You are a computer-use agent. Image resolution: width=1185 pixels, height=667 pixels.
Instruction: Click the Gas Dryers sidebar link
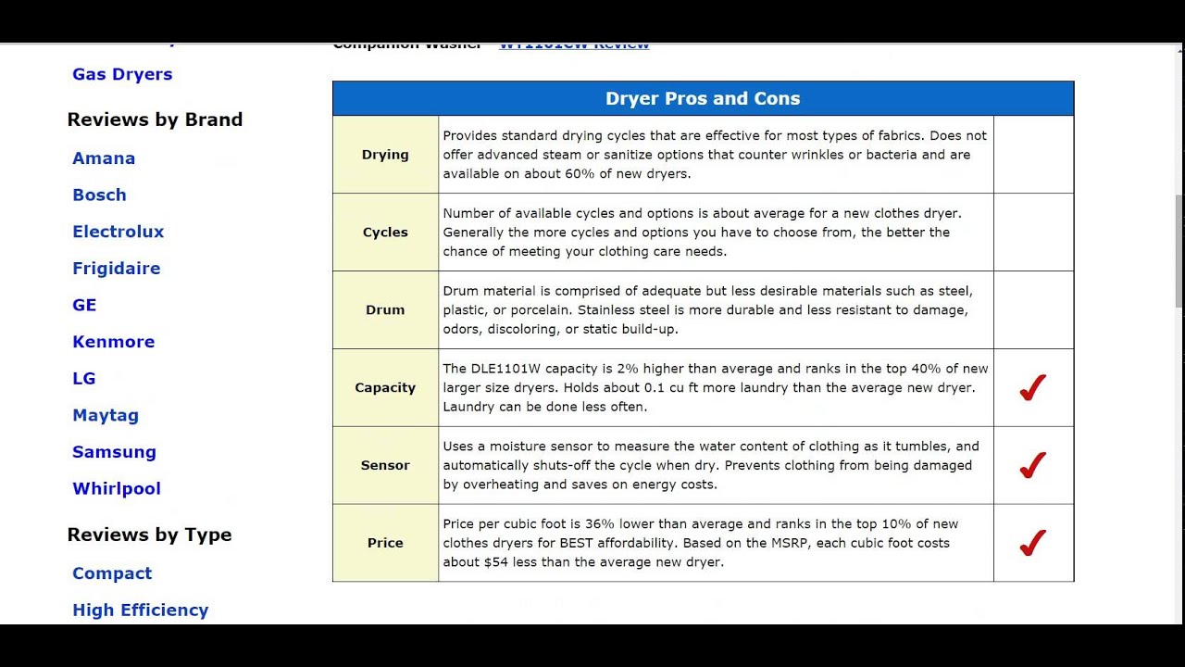122,74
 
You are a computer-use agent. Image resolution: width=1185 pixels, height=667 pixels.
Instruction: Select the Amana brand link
104,158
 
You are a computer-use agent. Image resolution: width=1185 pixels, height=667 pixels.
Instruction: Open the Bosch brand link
99,195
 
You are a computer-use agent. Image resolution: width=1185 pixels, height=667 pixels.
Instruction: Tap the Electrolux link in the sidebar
118,232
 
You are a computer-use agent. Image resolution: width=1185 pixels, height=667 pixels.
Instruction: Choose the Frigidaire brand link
116,269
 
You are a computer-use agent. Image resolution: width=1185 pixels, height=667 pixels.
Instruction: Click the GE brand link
84,305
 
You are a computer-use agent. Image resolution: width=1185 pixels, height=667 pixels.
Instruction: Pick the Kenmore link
113,342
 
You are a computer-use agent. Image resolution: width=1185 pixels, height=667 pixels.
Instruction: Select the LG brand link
84,378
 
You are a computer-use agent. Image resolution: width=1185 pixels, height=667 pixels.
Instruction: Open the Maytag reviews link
106,415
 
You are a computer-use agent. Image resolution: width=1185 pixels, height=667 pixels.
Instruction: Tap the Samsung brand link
114,452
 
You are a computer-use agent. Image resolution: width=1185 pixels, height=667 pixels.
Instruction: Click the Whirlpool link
117,488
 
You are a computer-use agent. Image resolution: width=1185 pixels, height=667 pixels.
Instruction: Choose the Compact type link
112,573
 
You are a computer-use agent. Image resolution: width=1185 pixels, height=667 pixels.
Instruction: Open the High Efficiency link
140,610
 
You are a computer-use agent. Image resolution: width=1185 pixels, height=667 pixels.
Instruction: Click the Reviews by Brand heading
155,120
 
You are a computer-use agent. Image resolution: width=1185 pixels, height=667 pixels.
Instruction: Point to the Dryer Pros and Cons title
703,98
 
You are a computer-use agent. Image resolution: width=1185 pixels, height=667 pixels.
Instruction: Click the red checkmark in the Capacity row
1032,387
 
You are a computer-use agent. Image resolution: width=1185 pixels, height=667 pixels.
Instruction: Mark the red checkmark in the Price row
1032,543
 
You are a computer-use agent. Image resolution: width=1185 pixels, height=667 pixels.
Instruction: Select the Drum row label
385,309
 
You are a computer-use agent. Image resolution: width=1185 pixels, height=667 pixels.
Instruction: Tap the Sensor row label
385,465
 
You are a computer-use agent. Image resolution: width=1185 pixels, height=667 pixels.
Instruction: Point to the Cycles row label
385,232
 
